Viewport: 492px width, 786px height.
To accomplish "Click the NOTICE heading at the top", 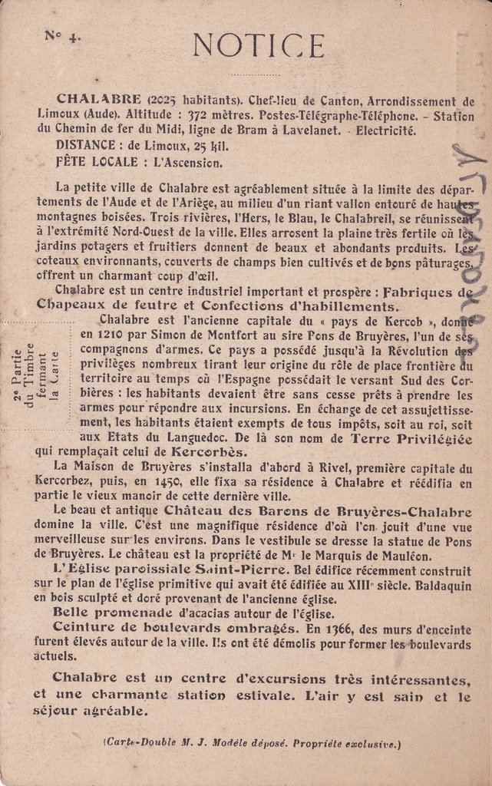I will [x=258, y=45].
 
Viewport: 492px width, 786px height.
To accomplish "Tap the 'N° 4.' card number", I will [x=62, y=35].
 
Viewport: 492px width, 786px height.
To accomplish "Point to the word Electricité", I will [x=388, y=130].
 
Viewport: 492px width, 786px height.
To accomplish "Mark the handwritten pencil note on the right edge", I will [x=467, y=246].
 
